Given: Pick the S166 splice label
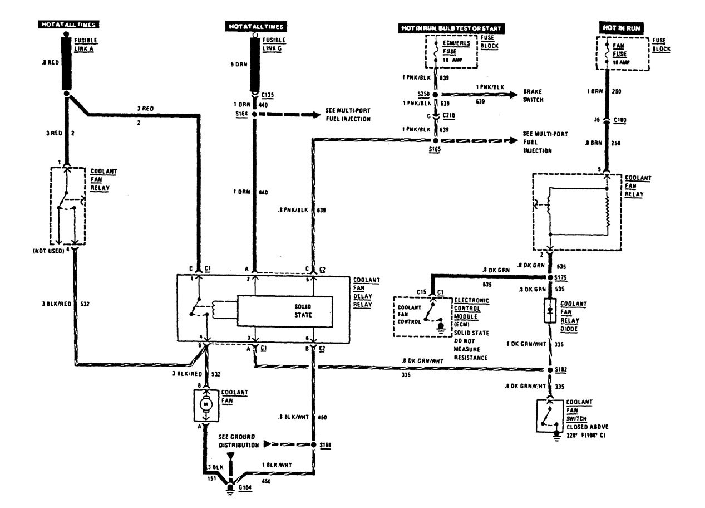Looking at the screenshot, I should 327,445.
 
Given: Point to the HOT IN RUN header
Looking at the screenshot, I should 622,27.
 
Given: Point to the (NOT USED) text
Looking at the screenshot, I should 49,251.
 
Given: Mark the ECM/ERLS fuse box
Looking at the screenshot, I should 451,51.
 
